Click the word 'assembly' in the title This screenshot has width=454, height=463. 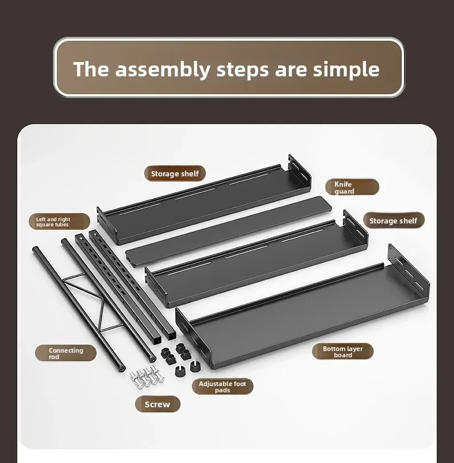pos(163,70)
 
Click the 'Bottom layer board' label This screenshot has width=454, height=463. pos(343,352)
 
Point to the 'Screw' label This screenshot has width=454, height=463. pos(157,404)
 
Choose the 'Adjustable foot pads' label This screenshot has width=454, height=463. pos(222,387)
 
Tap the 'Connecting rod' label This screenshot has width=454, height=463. pos(66,353)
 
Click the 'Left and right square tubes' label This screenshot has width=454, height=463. pos(59,222)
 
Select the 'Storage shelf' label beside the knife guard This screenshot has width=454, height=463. pos(175,173)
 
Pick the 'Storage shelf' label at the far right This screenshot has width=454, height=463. pos(393,221)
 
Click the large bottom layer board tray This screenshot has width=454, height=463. pos(303,307)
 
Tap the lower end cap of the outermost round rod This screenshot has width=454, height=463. pos(121,368)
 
